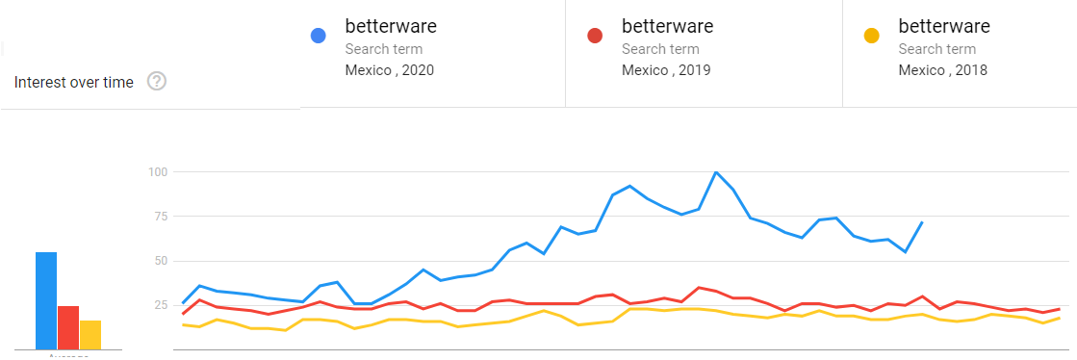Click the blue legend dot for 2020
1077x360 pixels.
319,37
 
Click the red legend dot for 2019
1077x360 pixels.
595,37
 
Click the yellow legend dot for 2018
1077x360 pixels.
872,37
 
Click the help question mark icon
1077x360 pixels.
157,82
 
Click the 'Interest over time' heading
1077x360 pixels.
74,83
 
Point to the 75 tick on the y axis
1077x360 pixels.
160,217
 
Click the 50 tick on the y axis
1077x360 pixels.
160,261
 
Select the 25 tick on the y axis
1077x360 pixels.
160,305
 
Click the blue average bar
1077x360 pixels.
46,300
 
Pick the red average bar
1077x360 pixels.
68,327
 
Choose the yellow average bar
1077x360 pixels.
90,334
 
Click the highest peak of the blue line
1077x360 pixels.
716,172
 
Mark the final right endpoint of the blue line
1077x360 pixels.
923,222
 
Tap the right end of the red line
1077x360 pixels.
1060,309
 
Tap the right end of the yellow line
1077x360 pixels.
1060,318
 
